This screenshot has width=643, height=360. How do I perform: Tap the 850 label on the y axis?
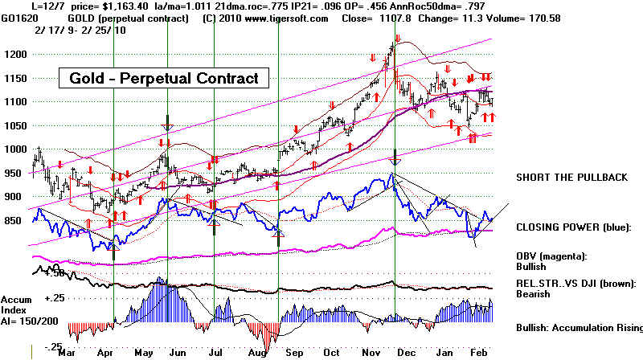click(x=15, y=220)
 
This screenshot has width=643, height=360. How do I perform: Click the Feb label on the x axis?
click(x=481, y=352)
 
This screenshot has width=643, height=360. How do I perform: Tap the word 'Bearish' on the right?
click(x=532, y=294)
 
